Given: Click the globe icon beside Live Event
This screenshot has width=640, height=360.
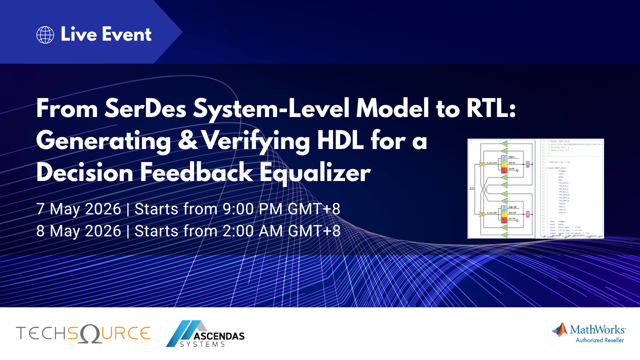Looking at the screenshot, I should tap(45, 35).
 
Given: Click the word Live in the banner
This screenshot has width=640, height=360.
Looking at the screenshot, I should tap(79, 34).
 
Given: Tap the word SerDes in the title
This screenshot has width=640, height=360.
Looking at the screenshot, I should tap(145, 109).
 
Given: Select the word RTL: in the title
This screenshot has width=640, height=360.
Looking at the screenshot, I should tap(491, 109).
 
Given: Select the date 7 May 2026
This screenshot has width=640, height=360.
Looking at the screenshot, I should tap(79, 209).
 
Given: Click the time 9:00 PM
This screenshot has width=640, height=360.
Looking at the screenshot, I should tap(252, 209).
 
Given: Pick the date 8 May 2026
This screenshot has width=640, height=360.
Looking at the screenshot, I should tap(79, 231).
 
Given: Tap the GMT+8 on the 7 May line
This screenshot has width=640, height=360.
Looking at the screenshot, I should tap(314, 209).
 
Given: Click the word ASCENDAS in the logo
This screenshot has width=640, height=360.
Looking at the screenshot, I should tap(219, 336).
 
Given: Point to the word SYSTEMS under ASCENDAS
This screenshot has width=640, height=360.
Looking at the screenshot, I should tap(202, 344).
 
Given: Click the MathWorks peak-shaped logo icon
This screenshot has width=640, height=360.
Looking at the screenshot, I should tap(560, 330).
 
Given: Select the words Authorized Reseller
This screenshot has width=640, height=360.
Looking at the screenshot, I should tap(600, 340).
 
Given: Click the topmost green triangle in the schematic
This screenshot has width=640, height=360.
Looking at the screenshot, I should tap(504, 144).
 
